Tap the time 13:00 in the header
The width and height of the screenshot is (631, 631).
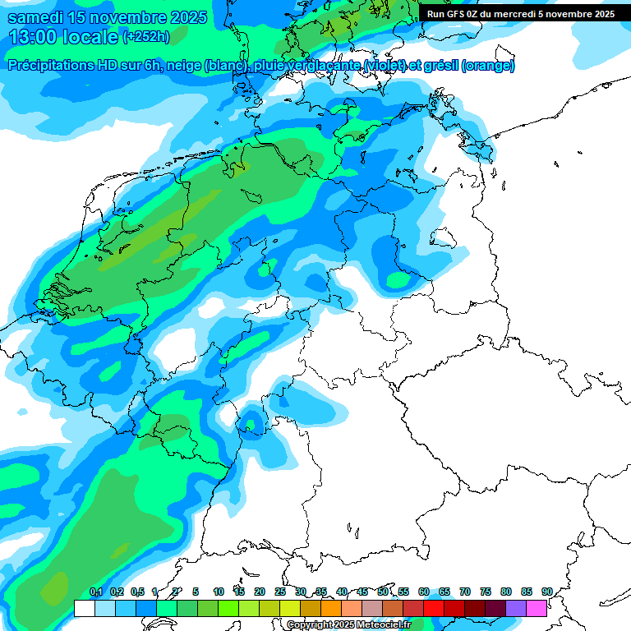click(32, 37)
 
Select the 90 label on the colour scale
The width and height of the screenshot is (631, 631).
click(546, 592)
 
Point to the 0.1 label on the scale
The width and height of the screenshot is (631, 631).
click(95, 592)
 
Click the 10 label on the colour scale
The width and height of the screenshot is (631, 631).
click(219, 592)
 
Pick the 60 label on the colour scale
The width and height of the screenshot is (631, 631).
click(423, 592)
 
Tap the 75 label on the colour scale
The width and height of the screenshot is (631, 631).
click(485, 592)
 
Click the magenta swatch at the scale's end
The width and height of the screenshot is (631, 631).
click(537, 608)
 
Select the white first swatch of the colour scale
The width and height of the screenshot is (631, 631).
click(84, 608)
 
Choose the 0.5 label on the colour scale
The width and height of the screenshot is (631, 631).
click(136, 592)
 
